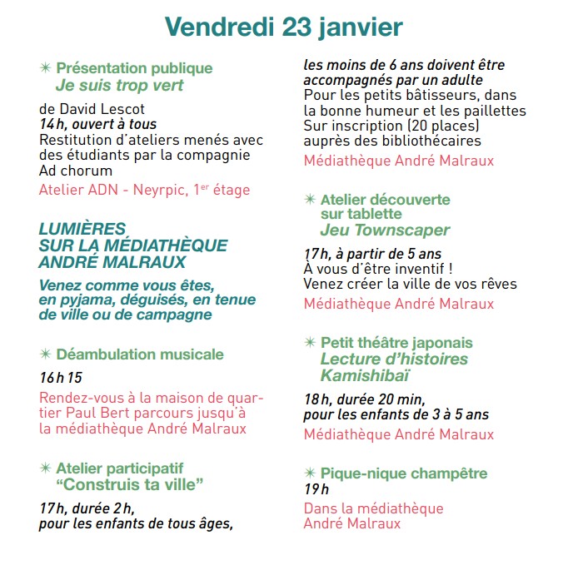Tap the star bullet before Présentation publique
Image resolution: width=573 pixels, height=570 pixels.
coord(45,68)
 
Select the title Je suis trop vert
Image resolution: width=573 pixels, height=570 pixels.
coord(119,85)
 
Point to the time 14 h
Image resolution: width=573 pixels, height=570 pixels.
coord(52,124)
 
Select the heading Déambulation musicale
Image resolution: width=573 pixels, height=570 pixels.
coord(139,354)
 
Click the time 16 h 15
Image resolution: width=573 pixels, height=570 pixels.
coord(62,378)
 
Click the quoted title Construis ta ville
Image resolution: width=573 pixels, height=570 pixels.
coord(131,484)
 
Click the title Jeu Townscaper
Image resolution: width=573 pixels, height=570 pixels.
coord(385,230)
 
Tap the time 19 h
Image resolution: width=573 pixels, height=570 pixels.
coord(316,488)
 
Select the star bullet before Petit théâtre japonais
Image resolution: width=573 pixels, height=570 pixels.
coord(310,343)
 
